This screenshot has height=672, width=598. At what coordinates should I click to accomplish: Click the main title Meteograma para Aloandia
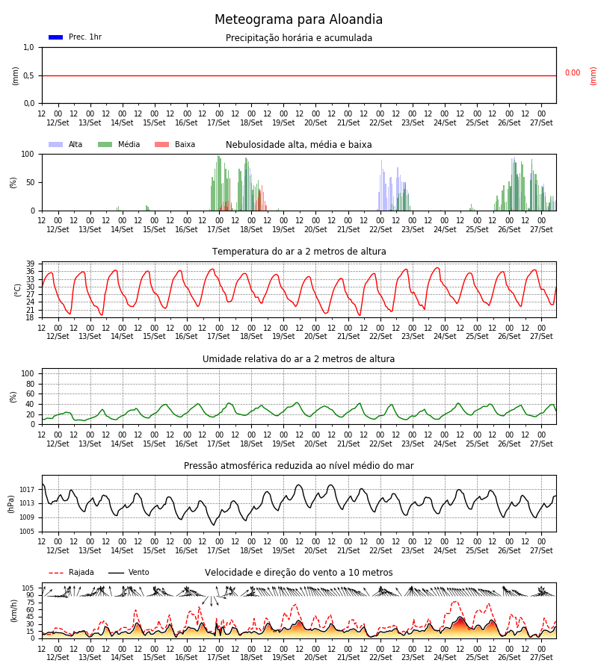[298, 19]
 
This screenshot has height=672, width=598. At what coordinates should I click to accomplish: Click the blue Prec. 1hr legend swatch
[56, 37]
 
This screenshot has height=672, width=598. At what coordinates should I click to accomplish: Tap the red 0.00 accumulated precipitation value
[573, 73]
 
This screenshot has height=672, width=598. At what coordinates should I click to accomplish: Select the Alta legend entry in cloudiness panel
[66, 144]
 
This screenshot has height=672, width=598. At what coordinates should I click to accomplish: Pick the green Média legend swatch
[105, 144]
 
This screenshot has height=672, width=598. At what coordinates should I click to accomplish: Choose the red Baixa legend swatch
[161, 144]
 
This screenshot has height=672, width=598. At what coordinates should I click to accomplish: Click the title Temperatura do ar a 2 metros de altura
[299, 252]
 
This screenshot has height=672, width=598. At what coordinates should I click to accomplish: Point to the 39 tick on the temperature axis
[30, 264]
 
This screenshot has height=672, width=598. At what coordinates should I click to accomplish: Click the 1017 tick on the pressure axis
[27, 489]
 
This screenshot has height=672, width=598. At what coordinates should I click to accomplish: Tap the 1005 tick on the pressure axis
[27, 532]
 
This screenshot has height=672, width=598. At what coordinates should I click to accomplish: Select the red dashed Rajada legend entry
[71, 573]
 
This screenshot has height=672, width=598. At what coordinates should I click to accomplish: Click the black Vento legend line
[116, 573]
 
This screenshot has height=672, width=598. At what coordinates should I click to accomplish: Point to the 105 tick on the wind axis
[28, 588]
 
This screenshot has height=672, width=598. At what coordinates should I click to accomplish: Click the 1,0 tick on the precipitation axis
[28, 48]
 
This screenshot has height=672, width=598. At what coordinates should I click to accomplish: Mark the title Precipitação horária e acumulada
[299, 38]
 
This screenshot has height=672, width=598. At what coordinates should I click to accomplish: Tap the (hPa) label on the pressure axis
[11, 504]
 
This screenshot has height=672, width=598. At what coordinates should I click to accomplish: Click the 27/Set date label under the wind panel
[541, 657]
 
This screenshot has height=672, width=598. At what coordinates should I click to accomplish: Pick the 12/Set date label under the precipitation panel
[58, 122]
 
